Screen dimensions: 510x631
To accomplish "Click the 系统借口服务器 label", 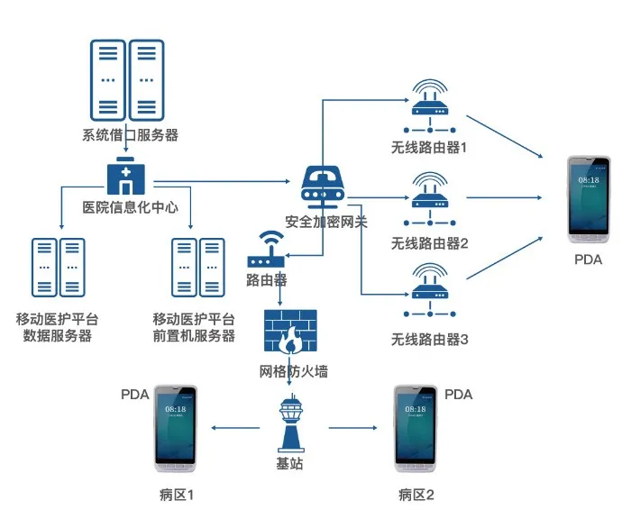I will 130,136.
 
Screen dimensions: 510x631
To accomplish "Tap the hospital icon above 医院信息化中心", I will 123,178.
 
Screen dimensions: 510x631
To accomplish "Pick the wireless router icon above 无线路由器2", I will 429,199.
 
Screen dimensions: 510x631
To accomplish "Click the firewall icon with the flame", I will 289,332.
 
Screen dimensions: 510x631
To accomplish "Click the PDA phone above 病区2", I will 415,429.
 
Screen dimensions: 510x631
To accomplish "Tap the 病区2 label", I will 416,495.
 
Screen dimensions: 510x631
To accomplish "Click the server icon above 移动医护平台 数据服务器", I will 58,268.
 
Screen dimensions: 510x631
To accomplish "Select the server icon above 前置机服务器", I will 198,268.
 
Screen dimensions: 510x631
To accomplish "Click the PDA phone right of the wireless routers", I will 589,200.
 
